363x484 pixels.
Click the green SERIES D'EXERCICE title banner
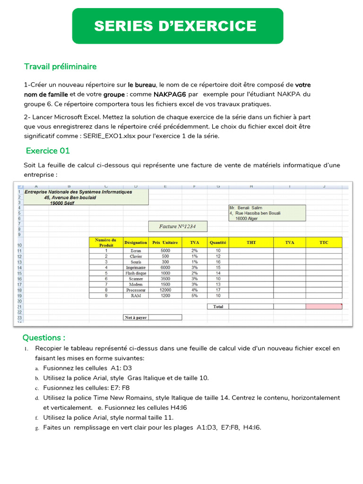coord(177,26)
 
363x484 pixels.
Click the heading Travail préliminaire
coord(60,67)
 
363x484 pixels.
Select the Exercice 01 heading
coord(48,151)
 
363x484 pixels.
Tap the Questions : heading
coord(44,337)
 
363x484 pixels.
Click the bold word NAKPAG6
coord(169,94)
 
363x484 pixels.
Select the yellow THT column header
coord(251,242)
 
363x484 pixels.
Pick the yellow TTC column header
coord(324,242)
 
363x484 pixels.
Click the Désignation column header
coord(136,242)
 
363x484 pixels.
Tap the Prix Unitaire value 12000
coord(165,290)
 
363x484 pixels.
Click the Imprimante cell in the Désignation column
coord(136,268)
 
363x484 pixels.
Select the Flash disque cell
coord(136,273)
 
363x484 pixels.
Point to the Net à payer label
coord(136,318)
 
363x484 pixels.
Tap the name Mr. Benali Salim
coord(245,207)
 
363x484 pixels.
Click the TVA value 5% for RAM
coord(195,295)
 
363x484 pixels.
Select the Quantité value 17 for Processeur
coord(218,290)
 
